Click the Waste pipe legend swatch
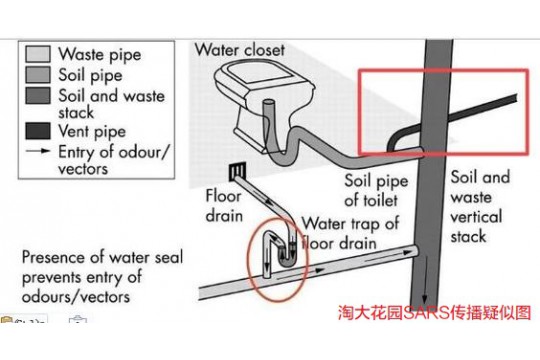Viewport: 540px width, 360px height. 38,54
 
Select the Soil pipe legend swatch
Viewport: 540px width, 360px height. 38,75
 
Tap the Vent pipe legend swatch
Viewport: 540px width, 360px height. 38,131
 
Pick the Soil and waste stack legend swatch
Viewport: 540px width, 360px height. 38,95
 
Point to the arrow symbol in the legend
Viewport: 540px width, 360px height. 38,151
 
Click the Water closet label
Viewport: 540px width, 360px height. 240,50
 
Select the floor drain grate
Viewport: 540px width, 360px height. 238,171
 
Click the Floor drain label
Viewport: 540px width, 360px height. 224,206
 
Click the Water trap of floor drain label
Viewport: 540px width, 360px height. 350,233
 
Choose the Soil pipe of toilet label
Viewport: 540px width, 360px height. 376,191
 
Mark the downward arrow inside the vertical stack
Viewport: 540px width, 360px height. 424,279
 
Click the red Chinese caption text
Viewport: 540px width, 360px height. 435,312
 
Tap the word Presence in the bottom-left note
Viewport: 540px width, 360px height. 50,258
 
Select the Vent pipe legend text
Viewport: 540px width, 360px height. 92,132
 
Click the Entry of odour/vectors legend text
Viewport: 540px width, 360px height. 114,160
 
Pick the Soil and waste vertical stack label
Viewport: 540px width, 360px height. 480,207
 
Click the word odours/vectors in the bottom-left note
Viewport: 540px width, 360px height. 76,297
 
